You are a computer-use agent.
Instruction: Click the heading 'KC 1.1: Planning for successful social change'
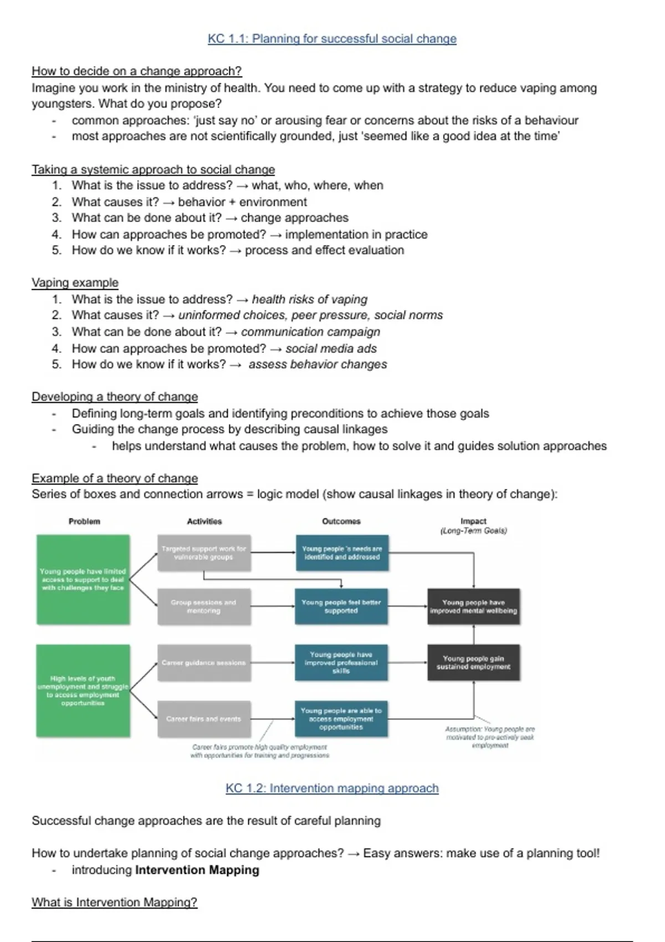[x=332, y=39]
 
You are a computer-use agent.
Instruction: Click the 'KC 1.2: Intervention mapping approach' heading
[x=332, y=788]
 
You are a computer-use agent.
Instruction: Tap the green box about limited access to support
[x=83, y=580]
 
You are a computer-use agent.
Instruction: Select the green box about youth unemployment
[x=83, y=690]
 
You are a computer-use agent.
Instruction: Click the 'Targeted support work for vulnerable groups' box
[x=204, y=552]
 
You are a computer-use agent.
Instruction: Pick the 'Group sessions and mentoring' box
[x=204, y=606]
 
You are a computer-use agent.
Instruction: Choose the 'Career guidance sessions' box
[x=204, y=663]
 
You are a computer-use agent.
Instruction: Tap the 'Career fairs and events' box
[x=204, y=719]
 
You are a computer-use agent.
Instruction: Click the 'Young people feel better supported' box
[x=341, y=606]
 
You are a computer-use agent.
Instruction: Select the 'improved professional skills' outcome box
[x=341, y=663]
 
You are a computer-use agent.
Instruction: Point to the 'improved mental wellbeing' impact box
[x=473, y=606]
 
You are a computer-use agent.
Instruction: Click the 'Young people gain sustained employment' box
[x=473, y=663]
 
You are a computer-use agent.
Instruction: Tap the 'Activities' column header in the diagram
[x=204, y=521]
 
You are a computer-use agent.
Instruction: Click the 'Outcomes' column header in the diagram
[x=341, y=521]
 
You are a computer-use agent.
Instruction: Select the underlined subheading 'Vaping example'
[x=75, y=283]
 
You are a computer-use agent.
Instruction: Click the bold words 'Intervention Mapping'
[x=197, y=870]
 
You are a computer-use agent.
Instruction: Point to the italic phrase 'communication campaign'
[x=310, y=332]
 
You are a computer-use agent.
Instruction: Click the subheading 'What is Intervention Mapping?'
[x=114, y=902]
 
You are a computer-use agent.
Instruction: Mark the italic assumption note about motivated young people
[x=490, y=738]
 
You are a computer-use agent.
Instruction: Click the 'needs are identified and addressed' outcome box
[x=341, y=552]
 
